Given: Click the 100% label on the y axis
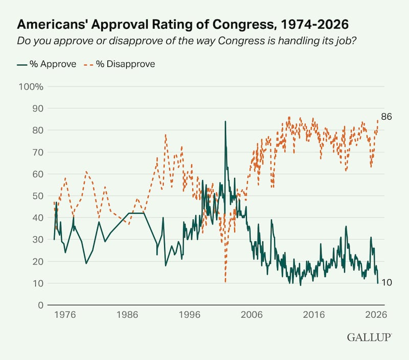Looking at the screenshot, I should pyautogui.click(x=31, y=86).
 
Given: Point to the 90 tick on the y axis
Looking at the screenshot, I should pyautogui.click(x=37, y=108).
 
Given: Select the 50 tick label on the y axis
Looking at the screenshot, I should pyautogui.click(x=37, y=196).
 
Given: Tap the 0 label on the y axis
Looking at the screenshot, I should pyautogui.click(x=40, y=305).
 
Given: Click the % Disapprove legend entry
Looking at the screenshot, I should pyautogui.click(x=120, y=64).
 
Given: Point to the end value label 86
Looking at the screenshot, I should pyautogui.click(x=387, y=117).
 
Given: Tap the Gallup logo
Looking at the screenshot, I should pyautogui.click(x=369, y=337).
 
